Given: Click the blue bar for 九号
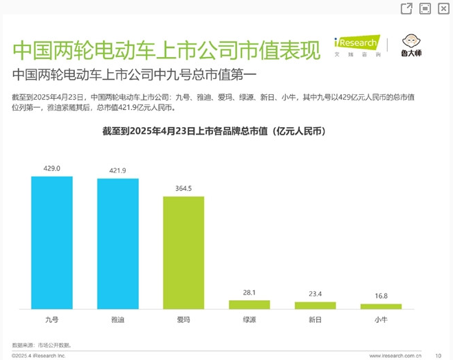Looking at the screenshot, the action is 52,243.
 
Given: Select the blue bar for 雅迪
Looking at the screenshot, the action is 118,244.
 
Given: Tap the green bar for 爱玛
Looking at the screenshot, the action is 184,253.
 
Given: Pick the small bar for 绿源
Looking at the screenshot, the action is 250,305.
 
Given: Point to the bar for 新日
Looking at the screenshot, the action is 316,306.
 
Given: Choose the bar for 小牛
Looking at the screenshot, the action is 381,306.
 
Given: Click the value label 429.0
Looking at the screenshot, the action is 52,168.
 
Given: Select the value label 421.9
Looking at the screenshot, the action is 118,170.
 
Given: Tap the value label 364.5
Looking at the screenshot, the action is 184,188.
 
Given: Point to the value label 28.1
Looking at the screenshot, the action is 250,293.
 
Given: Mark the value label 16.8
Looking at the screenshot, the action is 381,296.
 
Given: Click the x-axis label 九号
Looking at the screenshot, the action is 52,319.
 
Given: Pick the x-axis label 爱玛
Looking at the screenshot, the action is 184,319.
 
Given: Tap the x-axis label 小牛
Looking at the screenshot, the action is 381,319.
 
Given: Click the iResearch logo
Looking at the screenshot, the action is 357,45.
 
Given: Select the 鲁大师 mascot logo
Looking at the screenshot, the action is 411,45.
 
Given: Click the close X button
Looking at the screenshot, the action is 443,9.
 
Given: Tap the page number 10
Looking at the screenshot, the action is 439,356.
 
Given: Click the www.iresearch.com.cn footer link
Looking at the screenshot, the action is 395,356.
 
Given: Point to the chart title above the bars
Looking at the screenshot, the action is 214,131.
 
